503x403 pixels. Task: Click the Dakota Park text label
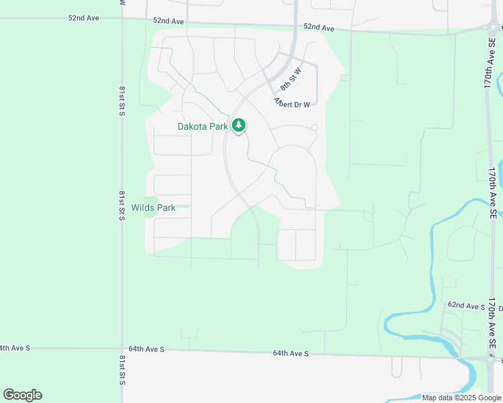point(202,126)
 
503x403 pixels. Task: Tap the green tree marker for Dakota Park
point(239,126)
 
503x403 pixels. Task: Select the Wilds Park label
point(153,208)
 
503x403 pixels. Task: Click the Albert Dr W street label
point(292,103)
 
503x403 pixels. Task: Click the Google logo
point(22,395)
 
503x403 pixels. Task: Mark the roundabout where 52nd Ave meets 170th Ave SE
point(494,29)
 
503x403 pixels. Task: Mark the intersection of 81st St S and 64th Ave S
point(122,349)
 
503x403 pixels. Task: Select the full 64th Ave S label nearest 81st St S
point(147,350)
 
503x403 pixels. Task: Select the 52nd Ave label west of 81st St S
point(83,17)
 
